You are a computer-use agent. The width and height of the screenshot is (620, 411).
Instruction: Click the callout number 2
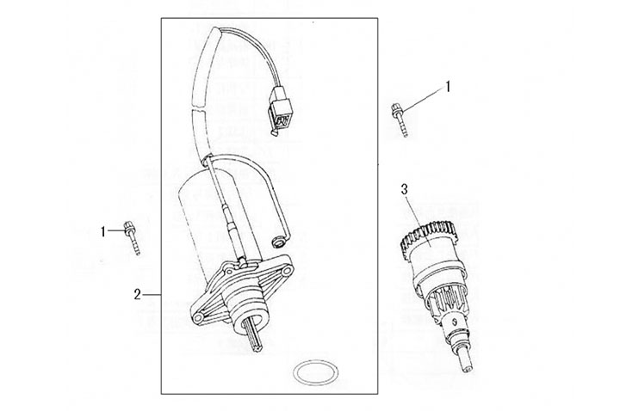click(138, 294)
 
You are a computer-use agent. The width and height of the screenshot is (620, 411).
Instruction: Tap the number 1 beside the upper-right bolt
click(447, 87)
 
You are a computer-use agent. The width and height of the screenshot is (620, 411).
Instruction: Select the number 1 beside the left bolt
click(104, 230)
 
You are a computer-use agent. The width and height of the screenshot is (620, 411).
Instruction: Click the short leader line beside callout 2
click(152, 294)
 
